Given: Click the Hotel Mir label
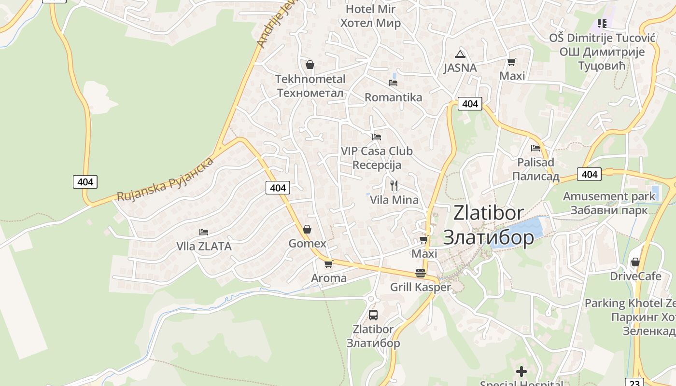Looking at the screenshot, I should pyautogui.click(x=371, y=16).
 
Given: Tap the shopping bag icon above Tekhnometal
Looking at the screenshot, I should pyautogui.click(x=310, y=65).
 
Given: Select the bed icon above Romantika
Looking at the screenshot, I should pyautogui.click(x=393, y=83).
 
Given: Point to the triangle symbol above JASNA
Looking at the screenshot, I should pyautogui.click(x=460, y=54).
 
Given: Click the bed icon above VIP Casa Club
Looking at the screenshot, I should pyautogui.click(x=377, y=137).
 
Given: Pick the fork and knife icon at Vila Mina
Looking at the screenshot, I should pyautogui.click(x=394, y=185).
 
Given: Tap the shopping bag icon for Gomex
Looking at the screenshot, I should pyautogui.click(x=307, y=229).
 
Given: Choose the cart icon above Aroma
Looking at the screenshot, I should pyautogui.click(x=329, y=264).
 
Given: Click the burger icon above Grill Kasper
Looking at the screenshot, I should pyautogui.click(x=420, y=273).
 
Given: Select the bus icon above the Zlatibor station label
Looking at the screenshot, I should pyautogui.click(x=373, y=315).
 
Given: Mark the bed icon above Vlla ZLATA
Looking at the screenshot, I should pyautogui.click(x=204, y=232).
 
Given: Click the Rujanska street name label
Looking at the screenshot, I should pyautogui.click(x=165, y=179).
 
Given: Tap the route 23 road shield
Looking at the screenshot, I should pyautogui.click(x=634, y=383).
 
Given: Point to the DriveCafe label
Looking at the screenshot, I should pyautogui.click(x=635, y=276).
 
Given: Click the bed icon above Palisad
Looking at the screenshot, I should pyautogui.click(x=535, y=148).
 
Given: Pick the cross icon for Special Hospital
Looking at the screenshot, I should pyautogui.click(x=521, y=372).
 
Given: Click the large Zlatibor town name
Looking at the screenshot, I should pyautogui.click(x=489, y=225).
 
